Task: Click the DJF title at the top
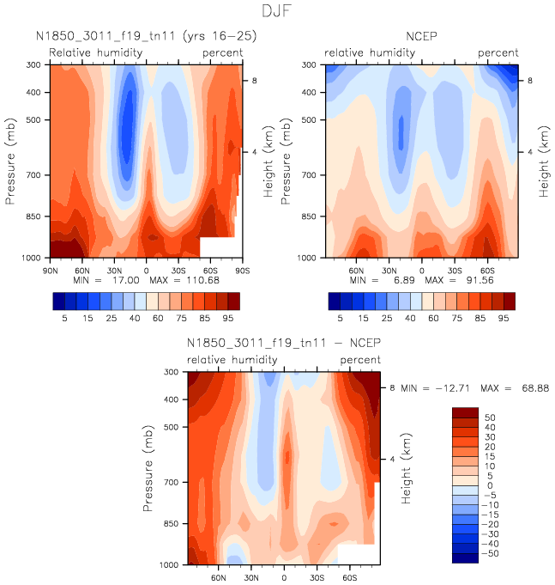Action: click(x=278, y=12)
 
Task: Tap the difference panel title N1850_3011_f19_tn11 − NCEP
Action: click(x=284, y=343)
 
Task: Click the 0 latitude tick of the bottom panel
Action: click(x=284, y=576)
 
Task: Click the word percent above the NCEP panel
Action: click(x=498, y=53)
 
